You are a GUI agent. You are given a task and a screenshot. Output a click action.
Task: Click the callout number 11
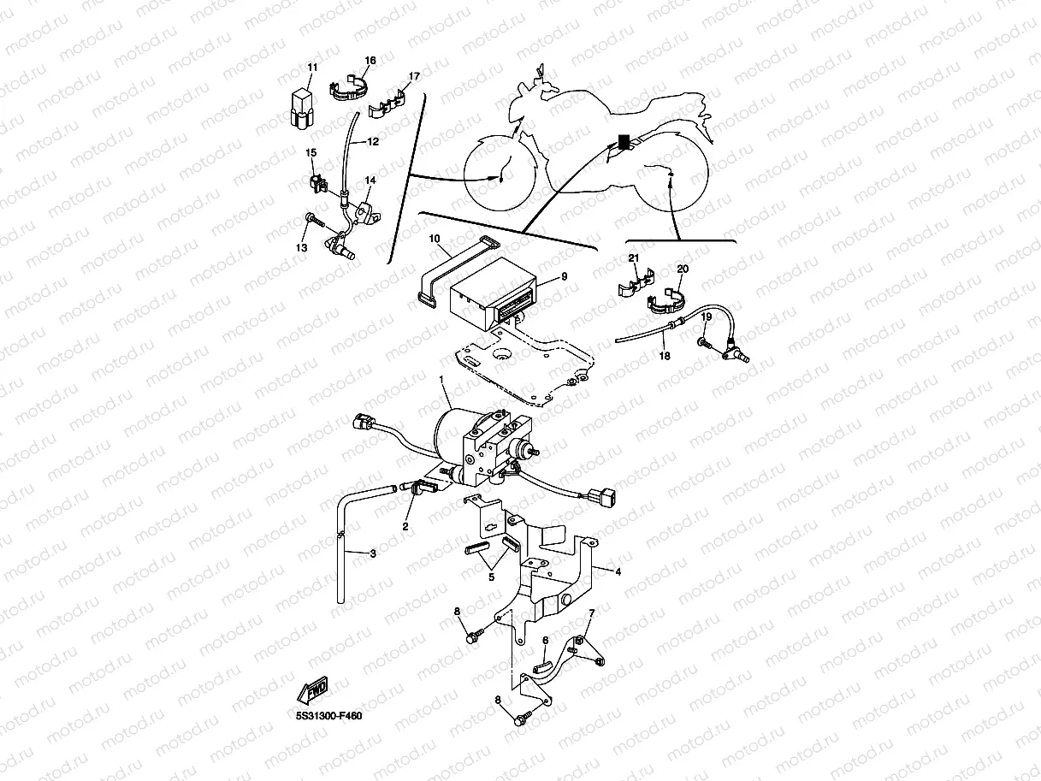click(x=312, y=68)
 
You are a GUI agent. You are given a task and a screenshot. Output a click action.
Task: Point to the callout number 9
click(x=564, y=276)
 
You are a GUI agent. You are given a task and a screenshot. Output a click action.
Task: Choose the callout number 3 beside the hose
click(x=372, y=553)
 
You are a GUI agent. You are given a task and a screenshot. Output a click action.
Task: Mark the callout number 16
click(x=370, y=61)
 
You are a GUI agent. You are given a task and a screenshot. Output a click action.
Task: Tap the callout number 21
click(x=634, y=257)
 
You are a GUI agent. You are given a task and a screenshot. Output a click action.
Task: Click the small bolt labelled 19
click(x=701, y=342)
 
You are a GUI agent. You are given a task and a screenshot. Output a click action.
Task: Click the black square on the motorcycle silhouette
click(x=624, y=139)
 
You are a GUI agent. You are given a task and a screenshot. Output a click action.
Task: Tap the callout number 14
click(x=370, y=180)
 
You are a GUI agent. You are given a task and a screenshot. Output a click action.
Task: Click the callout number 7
click(x=589, y=612)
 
